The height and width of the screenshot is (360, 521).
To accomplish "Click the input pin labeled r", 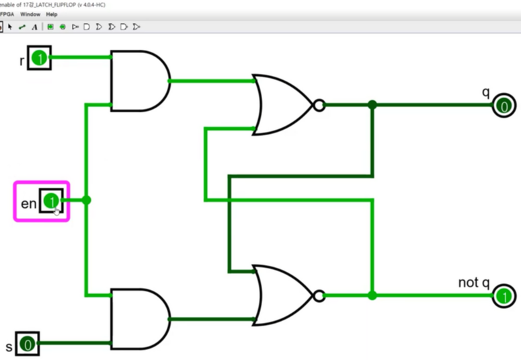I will (x=39, y=59).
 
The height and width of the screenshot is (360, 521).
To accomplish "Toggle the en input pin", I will (x=51, y=201).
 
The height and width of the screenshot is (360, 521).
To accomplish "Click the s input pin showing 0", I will (x=28, y=345).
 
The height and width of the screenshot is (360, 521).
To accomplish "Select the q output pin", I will (x=503, y=106).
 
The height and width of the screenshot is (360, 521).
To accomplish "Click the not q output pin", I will (x=503, y=296).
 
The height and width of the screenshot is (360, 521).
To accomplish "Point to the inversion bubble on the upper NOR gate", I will (x=319, y=105).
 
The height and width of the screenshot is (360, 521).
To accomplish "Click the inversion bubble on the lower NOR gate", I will (x=319, y=295).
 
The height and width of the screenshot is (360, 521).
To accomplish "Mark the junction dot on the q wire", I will (x=372, y=105).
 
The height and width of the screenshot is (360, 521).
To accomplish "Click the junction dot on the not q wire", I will (x=372, y=295).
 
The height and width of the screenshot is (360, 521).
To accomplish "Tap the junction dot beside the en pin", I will (x=85, y=200).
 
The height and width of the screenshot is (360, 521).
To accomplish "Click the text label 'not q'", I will (x=473, y=283).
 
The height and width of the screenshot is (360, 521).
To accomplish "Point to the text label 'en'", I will (x=28, y=203).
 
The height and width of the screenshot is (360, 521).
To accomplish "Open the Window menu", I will (x=30, y=14).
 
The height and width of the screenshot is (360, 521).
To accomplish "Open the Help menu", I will (x=52, y=14).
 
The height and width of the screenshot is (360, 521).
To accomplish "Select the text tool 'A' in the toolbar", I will (x=34, y=27).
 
